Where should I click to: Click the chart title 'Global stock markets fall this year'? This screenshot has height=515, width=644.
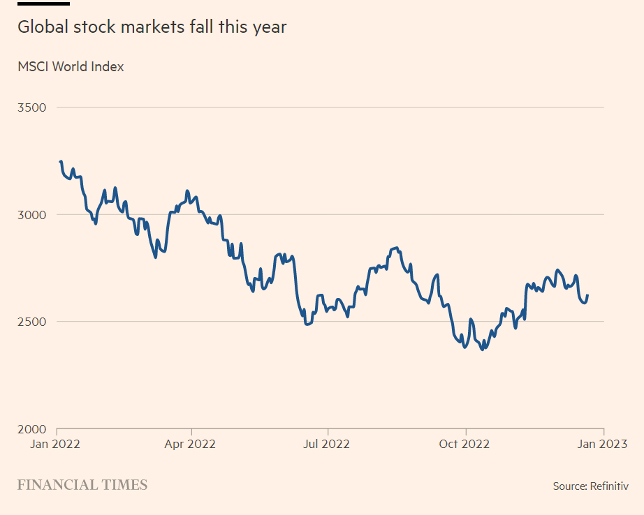(152, 27)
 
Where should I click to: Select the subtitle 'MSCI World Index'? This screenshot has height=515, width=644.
(71, 67)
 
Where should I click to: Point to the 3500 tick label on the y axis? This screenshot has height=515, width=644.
(31, 107)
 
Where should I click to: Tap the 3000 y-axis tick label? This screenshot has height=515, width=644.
(31, 215)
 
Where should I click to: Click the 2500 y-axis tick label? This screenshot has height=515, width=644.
(31, 322)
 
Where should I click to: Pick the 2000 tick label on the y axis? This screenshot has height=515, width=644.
(31, 429)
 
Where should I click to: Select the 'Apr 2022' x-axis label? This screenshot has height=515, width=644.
(191, 444)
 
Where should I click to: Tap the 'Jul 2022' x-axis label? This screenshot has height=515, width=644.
(327, 444)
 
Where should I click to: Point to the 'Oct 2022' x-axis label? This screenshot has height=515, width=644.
(465, 444)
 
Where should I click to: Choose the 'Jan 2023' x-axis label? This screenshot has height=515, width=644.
(603, 444)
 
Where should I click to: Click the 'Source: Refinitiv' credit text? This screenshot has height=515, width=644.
(590, 486)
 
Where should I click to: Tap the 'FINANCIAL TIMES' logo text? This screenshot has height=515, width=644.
(82, 485)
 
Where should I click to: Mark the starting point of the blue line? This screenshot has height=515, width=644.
(61, 162)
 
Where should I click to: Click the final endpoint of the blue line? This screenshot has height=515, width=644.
(587, 295)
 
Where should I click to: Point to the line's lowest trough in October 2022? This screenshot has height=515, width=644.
(481, 348)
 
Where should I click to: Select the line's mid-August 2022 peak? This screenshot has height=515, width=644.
(396, 248)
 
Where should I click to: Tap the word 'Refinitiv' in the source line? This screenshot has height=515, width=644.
(609, 486)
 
